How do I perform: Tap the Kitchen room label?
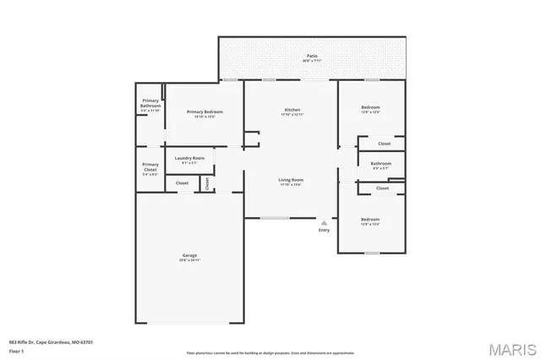point(292,111)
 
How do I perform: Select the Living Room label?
point(292,181)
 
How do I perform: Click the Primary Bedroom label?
point(205,113)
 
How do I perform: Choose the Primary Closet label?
point(150,166)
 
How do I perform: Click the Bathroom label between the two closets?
point(380,165)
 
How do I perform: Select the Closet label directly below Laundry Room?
point(182,183)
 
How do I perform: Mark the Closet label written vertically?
point(206,183)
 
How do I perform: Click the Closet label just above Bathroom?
point(385,144)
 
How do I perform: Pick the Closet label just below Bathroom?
point(382,188)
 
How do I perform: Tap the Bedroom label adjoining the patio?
point(370,108)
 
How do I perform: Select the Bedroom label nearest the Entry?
point(370,221)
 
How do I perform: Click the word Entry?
point(324,231)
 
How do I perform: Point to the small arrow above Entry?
point(324,222)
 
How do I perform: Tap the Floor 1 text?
point(17,351)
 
